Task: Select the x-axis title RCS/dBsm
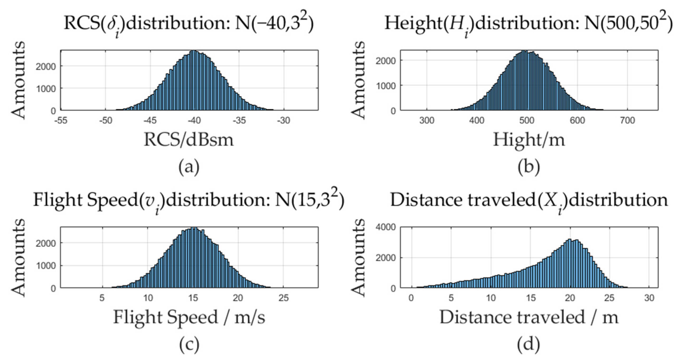189,140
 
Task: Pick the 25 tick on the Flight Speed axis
283,298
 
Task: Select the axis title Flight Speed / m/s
189,317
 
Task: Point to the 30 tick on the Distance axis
649,298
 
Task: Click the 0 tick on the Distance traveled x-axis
411,298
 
